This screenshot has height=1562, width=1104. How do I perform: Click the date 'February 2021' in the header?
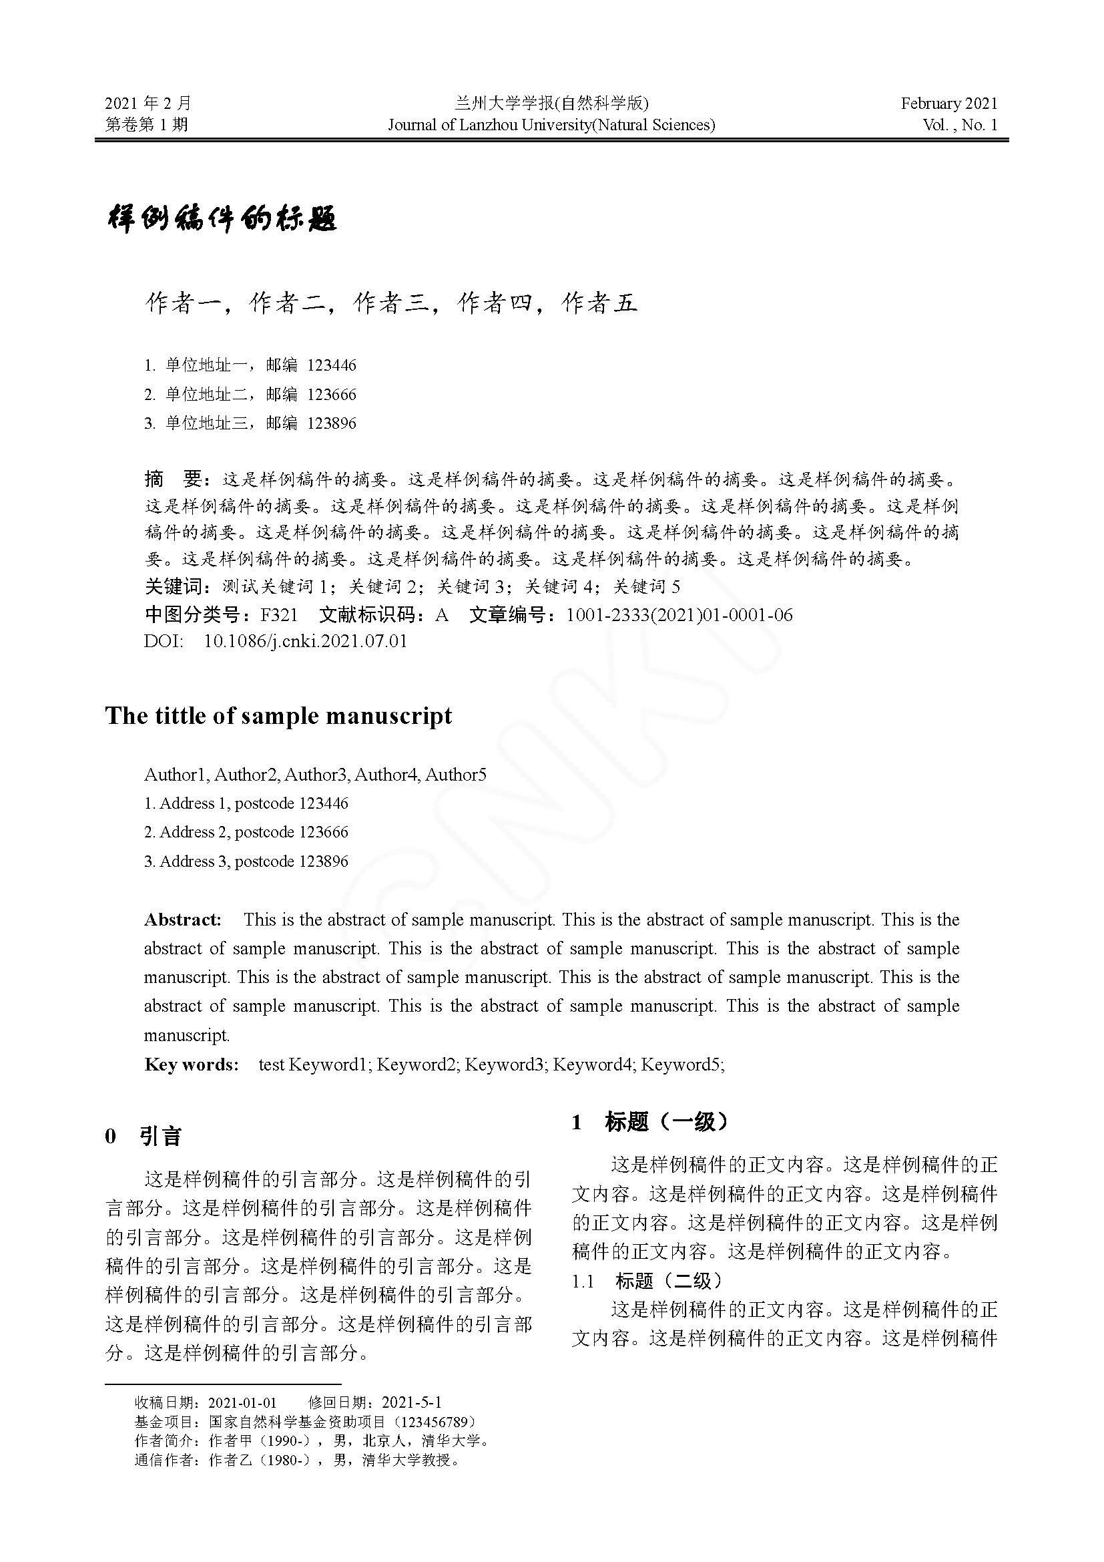point(948,104)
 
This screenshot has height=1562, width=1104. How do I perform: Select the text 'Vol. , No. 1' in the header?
point(959,124)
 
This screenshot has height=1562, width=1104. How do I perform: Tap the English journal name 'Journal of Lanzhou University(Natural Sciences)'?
point(551,124)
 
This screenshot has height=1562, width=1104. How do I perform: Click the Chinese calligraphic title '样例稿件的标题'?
point(222,219)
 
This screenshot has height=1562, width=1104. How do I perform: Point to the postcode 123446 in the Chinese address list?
point(332,365)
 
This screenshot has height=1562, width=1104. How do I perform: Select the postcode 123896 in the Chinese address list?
point(332,423)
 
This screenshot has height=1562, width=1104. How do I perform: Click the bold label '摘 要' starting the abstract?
point(174,479)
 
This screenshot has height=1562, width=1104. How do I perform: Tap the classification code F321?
point(280,615)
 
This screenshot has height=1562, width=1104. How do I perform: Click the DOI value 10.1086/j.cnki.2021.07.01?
point(305,641)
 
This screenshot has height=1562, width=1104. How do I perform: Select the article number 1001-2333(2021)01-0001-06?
point(679,615)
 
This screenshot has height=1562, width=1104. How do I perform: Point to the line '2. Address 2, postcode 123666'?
point(246,832)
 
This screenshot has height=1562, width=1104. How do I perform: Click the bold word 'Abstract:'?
point(183,920)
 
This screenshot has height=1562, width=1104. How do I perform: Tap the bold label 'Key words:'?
point(192,1064)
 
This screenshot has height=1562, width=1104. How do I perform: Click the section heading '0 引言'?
point(144,1136)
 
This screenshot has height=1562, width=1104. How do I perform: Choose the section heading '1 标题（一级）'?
point(649,1122)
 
